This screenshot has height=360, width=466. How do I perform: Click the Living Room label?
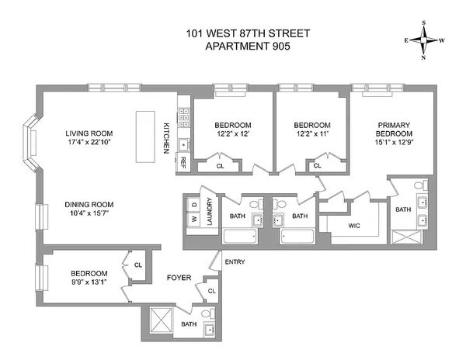coord(89,133)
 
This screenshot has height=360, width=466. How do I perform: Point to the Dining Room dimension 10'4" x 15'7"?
coord(89,215)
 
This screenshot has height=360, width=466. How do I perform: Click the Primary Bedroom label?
coord(387,130)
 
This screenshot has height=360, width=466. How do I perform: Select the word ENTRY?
coord(235,261)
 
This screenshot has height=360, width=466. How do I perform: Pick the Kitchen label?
coord(166,137)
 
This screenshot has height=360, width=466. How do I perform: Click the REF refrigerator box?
coord(183,162)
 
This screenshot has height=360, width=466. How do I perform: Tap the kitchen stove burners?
coord(184,118)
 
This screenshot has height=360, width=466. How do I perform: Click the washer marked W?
coord(193,219)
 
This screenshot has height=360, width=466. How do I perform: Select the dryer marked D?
coord(193,203)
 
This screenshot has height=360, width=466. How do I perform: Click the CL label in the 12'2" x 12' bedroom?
coord(220,164)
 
